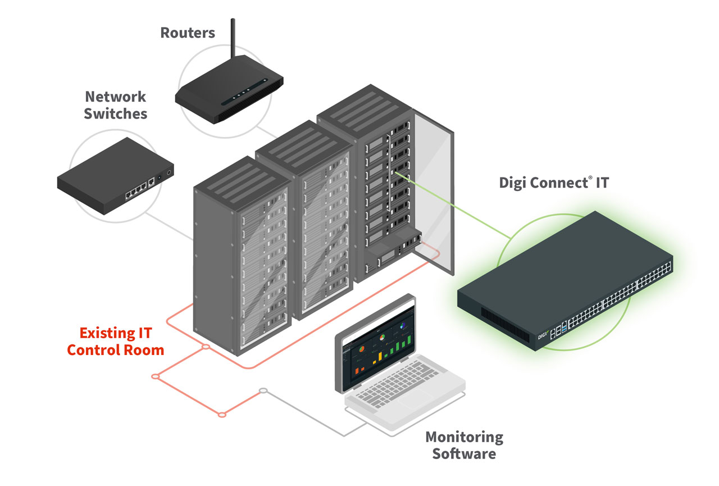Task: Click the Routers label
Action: coord(188,33)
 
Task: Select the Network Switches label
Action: coord(116,105)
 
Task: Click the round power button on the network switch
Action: coord(169,173)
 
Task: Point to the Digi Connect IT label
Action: coord(553,183)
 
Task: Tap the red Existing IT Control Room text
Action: coord(116,341)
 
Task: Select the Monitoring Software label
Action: coord(464,445)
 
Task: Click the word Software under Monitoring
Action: coord(464,453)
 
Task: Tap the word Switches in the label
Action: coord(116,113)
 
